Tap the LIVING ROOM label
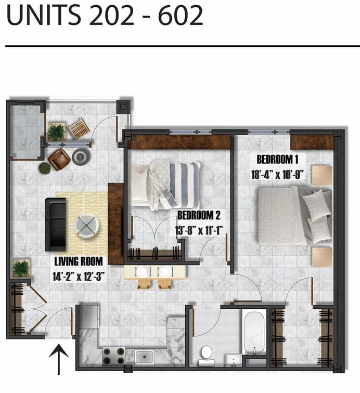point(78,261)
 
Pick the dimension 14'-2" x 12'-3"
point(79,277)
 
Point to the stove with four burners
point(113,356)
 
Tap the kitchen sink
point(144,357)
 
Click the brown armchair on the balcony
point(59,159)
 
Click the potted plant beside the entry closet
point(21,268)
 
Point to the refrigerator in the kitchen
point(88,317)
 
